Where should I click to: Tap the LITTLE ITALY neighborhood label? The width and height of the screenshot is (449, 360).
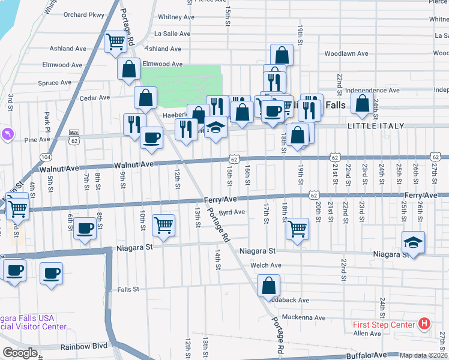376,126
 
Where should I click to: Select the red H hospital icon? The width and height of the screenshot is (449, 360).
424,325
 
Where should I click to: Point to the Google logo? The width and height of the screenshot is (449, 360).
20,353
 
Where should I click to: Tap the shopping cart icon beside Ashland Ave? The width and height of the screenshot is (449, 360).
115,42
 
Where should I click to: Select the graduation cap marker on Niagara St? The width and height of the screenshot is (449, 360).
413,242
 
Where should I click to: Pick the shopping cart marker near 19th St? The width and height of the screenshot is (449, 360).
297,229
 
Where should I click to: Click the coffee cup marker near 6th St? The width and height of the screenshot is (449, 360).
86,228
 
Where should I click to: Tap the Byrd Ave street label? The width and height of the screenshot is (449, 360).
232,212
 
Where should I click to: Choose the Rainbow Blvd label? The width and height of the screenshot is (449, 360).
83,346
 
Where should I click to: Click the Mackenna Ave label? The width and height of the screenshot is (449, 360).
304,317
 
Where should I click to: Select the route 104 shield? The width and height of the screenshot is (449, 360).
46,157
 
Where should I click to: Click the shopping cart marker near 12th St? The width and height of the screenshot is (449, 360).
163,225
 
